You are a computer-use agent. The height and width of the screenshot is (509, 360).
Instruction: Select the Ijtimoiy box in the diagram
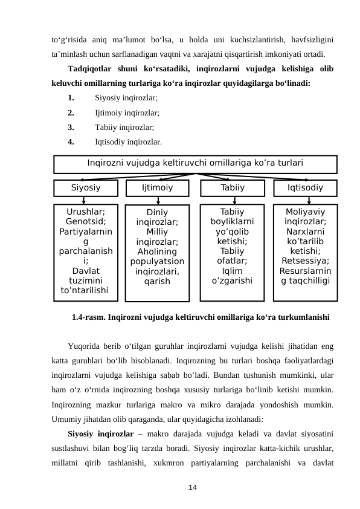[x=157, y=188]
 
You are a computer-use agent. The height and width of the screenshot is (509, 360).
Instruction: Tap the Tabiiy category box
[x=232, y=188]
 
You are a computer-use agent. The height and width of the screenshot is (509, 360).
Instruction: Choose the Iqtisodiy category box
[x=305, y=188]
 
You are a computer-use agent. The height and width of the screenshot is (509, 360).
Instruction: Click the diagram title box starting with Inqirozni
[x=195, y=163]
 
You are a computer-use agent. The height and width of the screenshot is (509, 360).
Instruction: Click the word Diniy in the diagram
[x=157, y=213]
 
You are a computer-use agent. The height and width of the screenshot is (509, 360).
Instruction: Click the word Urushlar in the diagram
[x=85, y=211]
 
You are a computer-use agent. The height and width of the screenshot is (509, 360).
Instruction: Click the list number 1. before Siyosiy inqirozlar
[x=71, y=97]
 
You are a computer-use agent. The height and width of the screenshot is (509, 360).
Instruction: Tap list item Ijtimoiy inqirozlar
[x=127, y=112]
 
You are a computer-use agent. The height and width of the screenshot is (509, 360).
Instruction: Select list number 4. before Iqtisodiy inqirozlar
[x=71, y=143]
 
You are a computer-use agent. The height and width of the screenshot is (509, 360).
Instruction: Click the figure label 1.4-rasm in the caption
[x=88, y=316]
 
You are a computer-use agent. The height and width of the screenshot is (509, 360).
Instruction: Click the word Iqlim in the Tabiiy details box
[x=232, y=271]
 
